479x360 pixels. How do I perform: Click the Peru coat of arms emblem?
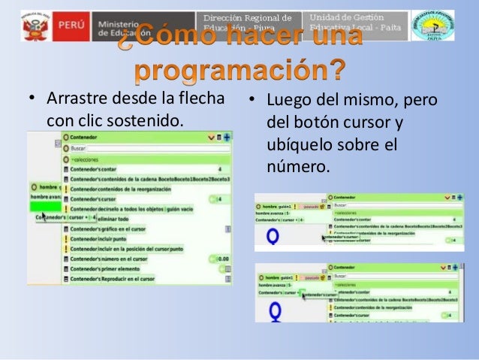pyautogui.click(x=35, y=28)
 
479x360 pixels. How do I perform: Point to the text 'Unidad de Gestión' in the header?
pyautogui.click(x=346, y=17)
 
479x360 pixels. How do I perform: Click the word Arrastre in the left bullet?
pyautogui.click(x=74, y=100)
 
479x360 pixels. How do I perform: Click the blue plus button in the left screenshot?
pyautogui.click(x=227, y=138)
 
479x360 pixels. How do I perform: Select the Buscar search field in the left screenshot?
pyautogui.click(x=135, y=149)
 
